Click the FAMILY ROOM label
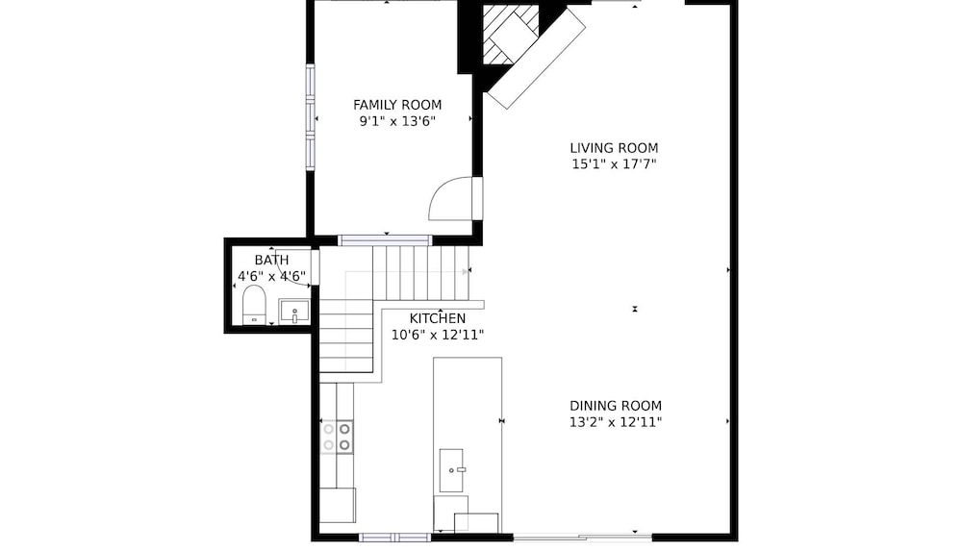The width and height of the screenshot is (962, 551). pyautogui.click(x=397, y=105)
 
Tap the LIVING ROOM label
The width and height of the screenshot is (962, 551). pyautogui.click(x=614, y=148)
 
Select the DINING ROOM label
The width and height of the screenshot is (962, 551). pyautogui.click(x=616, y=406)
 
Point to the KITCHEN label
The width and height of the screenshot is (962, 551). pyautogui.click(x=438, y=318)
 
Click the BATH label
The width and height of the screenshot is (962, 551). pyautogui.click(x=271, y=261)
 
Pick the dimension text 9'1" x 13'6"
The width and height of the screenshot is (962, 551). pyautogui.click(x=397, y=121)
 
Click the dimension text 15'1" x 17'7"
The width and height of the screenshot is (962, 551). pyautogui.click(x=614, y=164)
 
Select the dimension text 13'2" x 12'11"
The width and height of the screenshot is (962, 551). pyautogui.click(x=616, y=422)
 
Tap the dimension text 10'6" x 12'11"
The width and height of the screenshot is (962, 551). pyautogui.click(x=438, y=335)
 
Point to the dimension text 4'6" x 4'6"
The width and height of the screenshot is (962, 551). pyautogui.click(x=271, y=276)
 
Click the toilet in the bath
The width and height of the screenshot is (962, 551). pyautogui.click(x=254, y=304)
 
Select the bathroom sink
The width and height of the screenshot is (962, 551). pyautogui.click(x=294, y=312)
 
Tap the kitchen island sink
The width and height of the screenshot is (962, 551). pyautogui.click(x=451, y=470)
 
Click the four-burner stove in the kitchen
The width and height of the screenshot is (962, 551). pyautogui.click(x=337, y=437)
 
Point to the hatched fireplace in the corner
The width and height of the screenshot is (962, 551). pyautogui.click(x=511, y=35)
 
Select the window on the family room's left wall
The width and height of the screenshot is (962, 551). pyautogui.click(x=311, y=116)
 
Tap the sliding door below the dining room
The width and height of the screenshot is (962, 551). pyautogui.click(x=582, y=538)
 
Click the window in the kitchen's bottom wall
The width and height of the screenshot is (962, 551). pyautogui.click(x=395, y=538)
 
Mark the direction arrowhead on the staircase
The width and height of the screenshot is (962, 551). pyautogui.click(x=465, y=270)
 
